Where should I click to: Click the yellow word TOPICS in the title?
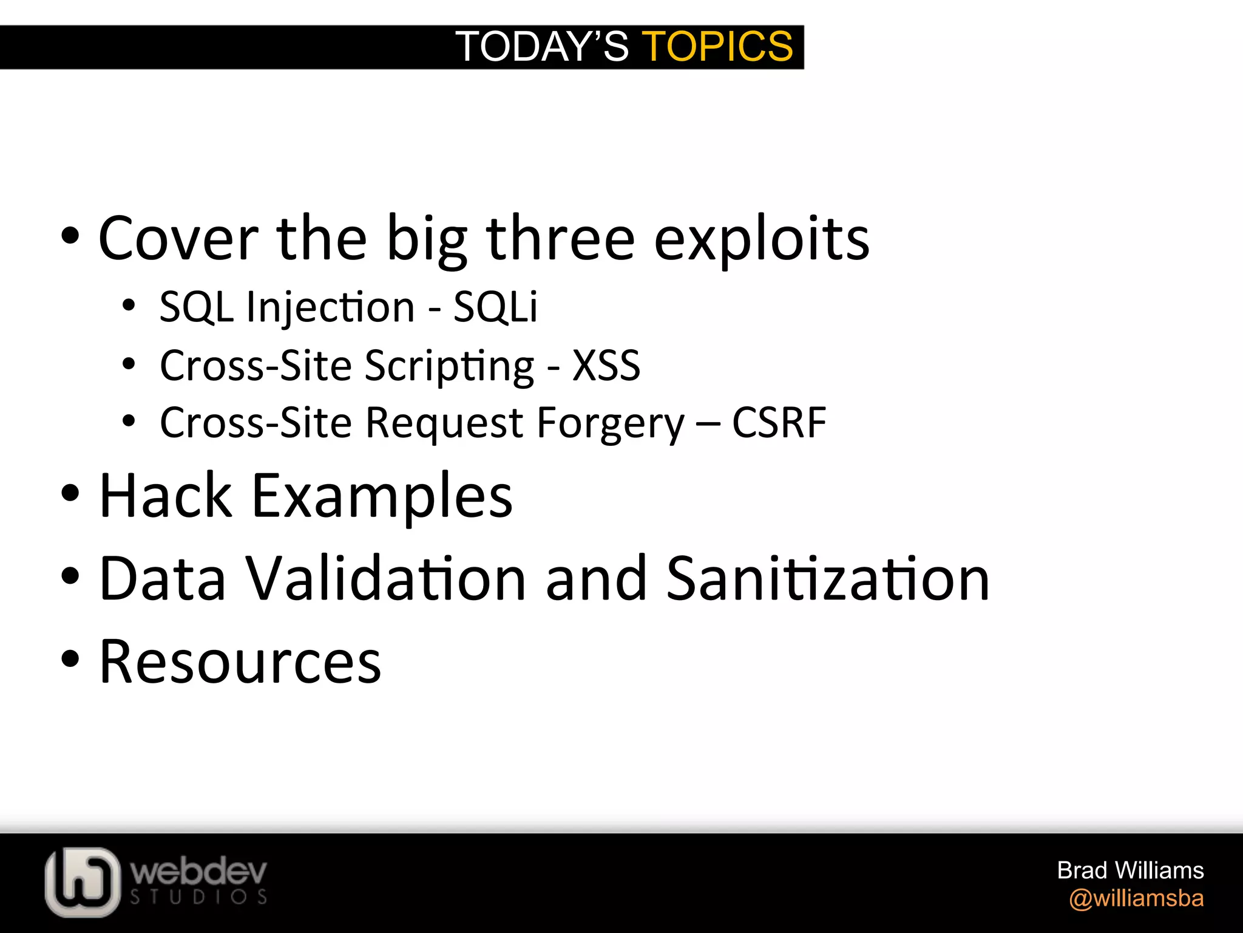point(717,47)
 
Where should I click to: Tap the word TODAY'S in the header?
point(542,47)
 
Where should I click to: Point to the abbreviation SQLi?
point(495,307)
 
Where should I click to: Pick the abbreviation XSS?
point(606,366)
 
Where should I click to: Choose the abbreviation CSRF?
point(779,423)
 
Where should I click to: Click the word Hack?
point(166,496)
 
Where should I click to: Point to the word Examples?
point(382,497)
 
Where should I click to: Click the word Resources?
point(240,661)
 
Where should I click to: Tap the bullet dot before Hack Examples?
point(70,493)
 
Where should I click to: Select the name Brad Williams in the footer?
point(1130,870)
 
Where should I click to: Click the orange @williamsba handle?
point(1136,898)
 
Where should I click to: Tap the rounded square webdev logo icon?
point(82,882)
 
